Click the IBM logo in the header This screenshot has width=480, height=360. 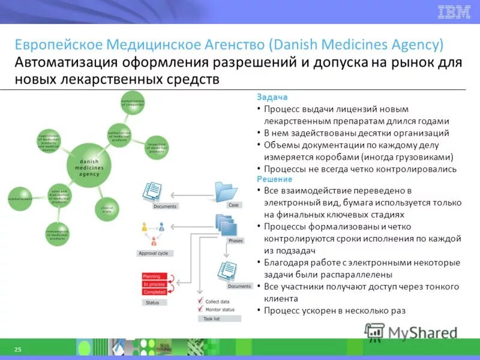click(x=454, y=11)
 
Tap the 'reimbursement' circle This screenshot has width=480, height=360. click(x=20, y=199)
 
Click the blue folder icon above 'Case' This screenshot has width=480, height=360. click(x=227, y=191)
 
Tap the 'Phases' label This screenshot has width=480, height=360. click(x=236, y=240)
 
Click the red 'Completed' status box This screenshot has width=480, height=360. click(x=154, y=292)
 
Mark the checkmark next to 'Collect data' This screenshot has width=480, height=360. click(x=200, y=301)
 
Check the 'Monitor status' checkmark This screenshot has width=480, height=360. click(x=200, y=310)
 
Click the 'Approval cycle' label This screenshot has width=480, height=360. click(x=153, y=253)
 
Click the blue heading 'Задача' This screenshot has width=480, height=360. click(x=272, y=97)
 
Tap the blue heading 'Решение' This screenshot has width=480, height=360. click(x=274, y=179)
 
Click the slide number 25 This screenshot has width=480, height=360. click(x=17, y=349)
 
